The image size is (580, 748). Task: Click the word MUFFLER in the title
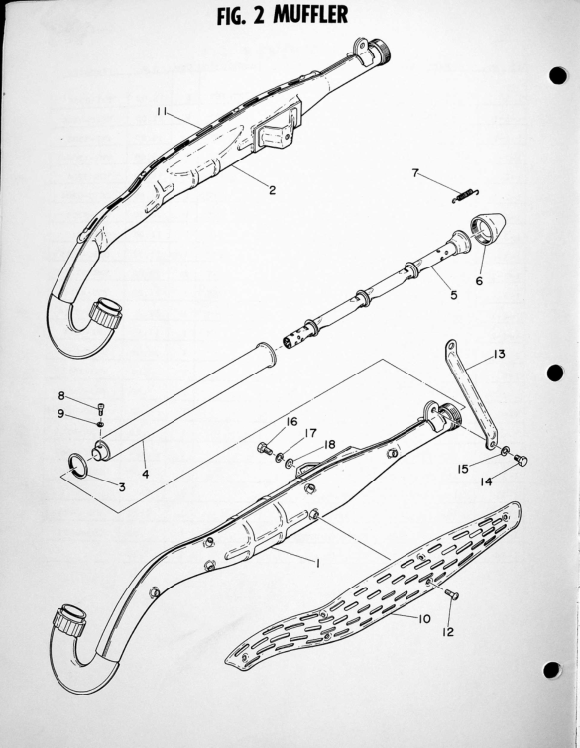(310, 14)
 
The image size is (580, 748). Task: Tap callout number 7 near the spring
(415, 172)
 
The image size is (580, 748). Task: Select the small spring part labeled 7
(465, 195)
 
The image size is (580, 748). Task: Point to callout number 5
(453, 295)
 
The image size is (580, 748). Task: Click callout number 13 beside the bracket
(499, 355)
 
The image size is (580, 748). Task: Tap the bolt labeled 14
(521, 461)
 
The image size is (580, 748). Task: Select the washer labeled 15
(505, 451)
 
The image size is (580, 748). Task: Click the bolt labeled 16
(265, 448)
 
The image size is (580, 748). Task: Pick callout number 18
(329, 445)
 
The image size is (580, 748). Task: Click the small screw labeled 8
(102, 409)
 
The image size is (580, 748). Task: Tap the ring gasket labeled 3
(78, 465)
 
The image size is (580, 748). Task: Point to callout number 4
(145, 474)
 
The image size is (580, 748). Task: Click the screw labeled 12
(451, 593)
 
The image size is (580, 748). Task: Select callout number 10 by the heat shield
(424, 619)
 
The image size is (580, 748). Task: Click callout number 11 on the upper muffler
(162, 111)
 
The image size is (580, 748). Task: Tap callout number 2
(272, 190)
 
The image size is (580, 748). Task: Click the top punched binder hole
(557, 76)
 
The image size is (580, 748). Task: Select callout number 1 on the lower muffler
(317, 562)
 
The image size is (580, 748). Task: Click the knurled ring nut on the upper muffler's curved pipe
(105, 312)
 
